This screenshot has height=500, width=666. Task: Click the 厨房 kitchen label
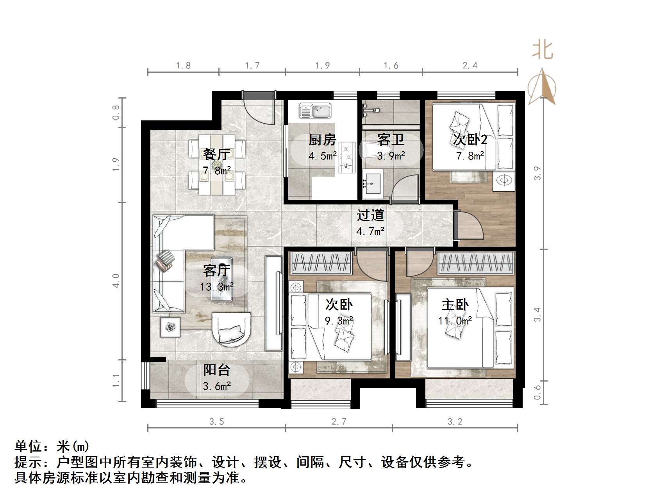tap(322, 140)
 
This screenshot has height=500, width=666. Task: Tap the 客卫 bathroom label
tap(391, 140)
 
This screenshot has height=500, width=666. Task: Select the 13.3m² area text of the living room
tap(217, 287)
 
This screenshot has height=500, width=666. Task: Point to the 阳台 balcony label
tap(217, 370)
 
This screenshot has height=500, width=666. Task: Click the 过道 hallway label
tap(370, 215)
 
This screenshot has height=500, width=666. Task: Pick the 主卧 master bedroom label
tap(455, 305)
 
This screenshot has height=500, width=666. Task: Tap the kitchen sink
tap(315, 111)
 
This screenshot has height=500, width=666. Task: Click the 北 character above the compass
tap(543, 50)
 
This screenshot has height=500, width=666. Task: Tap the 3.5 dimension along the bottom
tap(217, 422)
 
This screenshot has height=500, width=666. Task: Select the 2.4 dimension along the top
tap(470, 66)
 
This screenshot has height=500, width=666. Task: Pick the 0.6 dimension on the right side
tap(537, 392)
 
